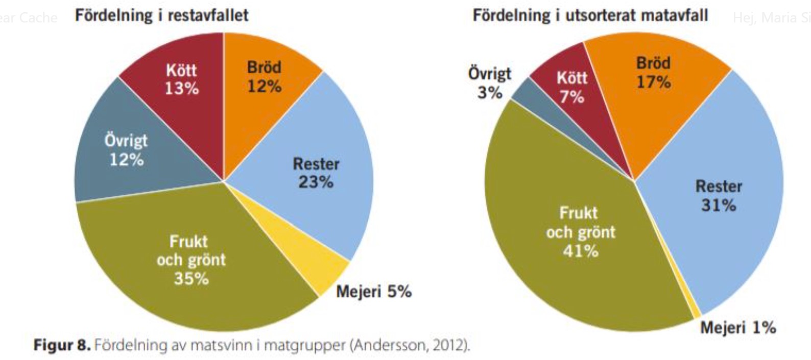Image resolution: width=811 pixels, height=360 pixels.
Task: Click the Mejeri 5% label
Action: coord(374,292)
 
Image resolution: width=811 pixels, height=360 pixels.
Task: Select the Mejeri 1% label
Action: coord(738,327)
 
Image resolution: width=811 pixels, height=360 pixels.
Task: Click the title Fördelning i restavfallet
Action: coord(161,15)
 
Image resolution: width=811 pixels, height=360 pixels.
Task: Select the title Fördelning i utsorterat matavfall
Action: coord(590,15)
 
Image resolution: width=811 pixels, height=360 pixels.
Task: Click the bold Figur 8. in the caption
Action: coord(62,346)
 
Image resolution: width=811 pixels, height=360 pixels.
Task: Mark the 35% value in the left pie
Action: coord(191,279)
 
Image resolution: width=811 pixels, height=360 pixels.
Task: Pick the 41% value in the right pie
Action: coord(580,251)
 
